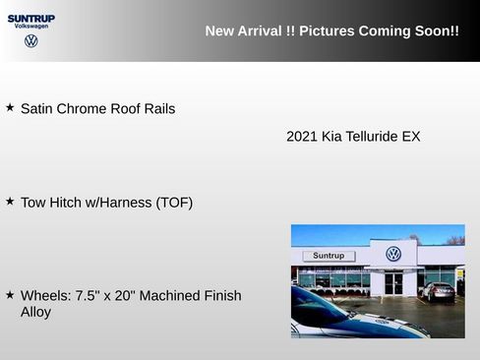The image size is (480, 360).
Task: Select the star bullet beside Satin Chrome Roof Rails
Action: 10,107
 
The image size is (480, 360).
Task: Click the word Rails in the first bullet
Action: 155,109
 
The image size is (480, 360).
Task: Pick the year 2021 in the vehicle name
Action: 301,137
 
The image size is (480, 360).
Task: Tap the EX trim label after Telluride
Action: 411,137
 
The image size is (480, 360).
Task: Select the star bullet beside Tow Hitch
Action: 10,201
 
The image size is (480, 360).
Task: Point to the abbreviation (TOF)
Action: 174,203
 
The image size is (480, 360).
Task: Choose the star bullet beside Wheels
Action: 10,294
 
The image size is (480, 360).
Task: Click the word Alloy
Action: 35,313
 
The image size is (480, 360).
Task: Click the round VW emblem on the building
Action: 393,254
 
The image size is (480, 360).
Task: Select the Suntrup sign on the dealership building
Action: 329,256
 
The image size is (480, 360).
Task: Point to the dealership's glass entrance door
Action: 393,283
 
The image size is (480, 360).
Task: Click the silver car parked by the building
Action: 438,290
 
